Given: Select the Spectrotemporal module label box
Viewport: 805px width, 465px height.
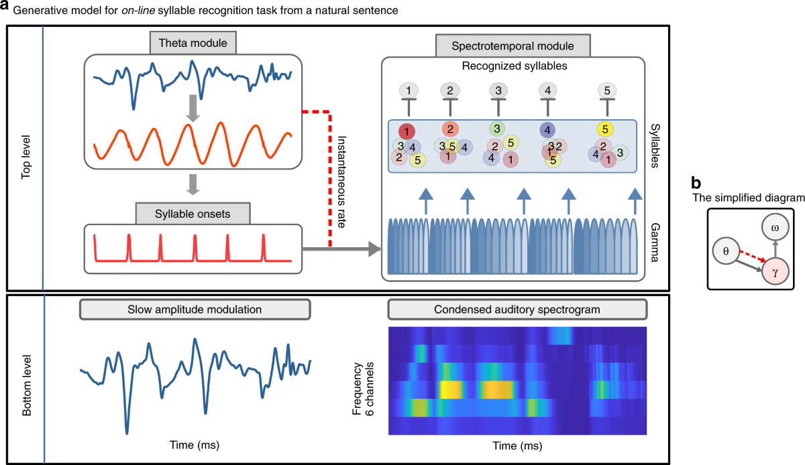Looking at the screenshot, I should coord(513,46).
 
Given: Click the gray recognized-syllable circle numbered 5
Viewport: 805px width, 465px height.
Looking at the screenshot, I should coord(606,90).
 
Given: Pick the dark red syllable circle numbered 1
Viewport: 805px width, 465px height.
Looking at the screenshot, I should coord(407,131).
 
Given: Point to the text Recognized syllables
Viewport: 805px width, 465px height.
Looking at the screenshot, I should coord(513,66).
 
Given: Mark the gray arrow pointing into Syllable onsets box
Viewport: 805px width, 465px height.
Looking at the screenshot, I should coord(193,184).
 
